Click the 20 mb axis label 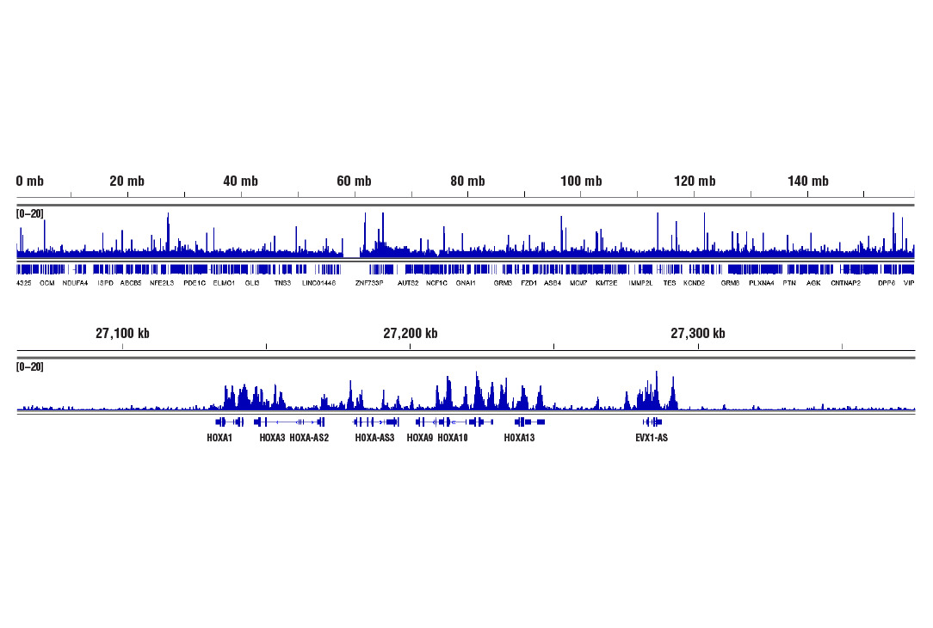click(127, 181)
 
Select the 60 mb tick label click(354, 181)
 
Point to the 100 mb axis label click(581, 181)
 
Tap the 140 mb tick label click(808, 181)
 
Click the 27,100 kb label click(122, 334)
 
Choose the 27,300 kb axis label click(697, 334)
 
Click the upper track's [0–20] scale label click(30, 213)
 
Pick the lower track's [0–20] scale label click(30, 366)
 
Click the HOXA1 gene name click(219, 438)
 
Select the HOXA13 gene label click(519, 438)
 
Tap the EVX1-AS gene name click(652, 438)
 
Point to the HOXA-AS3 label click(374, 438)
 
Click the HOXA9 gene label click(420, 438)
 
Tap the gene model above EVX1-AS click(652, 422)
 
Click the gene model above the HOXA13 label click(529, 422)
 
